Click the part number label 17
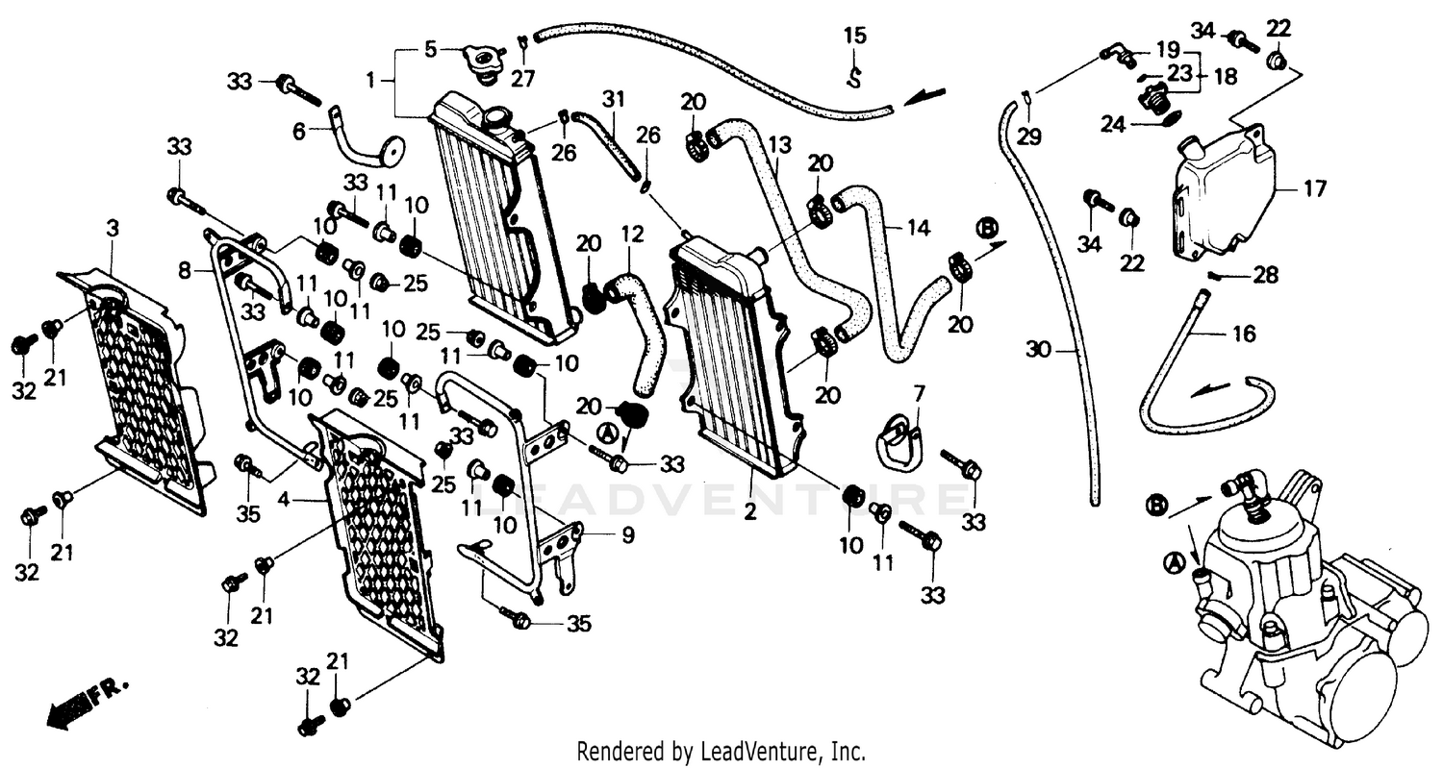click(1315, 188)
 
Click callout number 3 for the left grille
click(113, 229)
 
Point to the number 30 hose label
click(1037, 350)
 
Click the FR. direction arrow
click(86, 699)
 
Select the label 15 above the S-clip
click(854, 37)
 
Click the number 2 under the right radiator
click(749, 510)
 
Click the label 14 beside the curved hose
click(918, 228)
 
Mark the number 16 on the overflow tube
click(1244, 334)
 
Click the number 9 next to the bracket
click(627, 536)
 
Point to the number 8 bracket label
click(185, 272)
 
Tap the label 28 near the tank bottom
click(1265, 277)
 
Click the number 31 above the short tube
click(614, 98)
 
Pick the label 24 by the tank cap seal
click(1112, 124)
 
